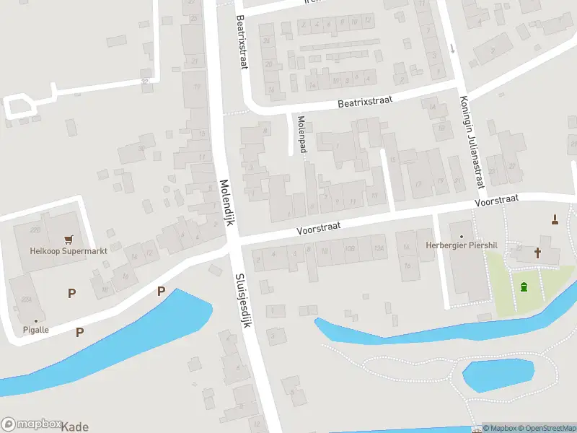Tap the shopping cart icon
[x=69, y=239]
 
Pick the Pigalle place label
[x=35, y=330]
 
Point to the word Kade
[x=75, y=427]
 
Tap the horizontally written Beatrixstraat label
[x=365, y=102]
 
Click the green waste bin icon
[x=523, y=287]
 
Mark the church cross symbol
[x=537, y=253]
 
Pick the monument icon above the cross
[x=555, y=219]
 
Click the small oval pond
[x=498, y=373]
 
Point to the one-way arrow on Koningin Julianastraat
[x=452, y=48]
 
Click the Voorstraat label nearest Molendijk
[x=317, y=228]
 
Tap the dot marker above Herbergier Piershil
[x=461, y=236]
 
